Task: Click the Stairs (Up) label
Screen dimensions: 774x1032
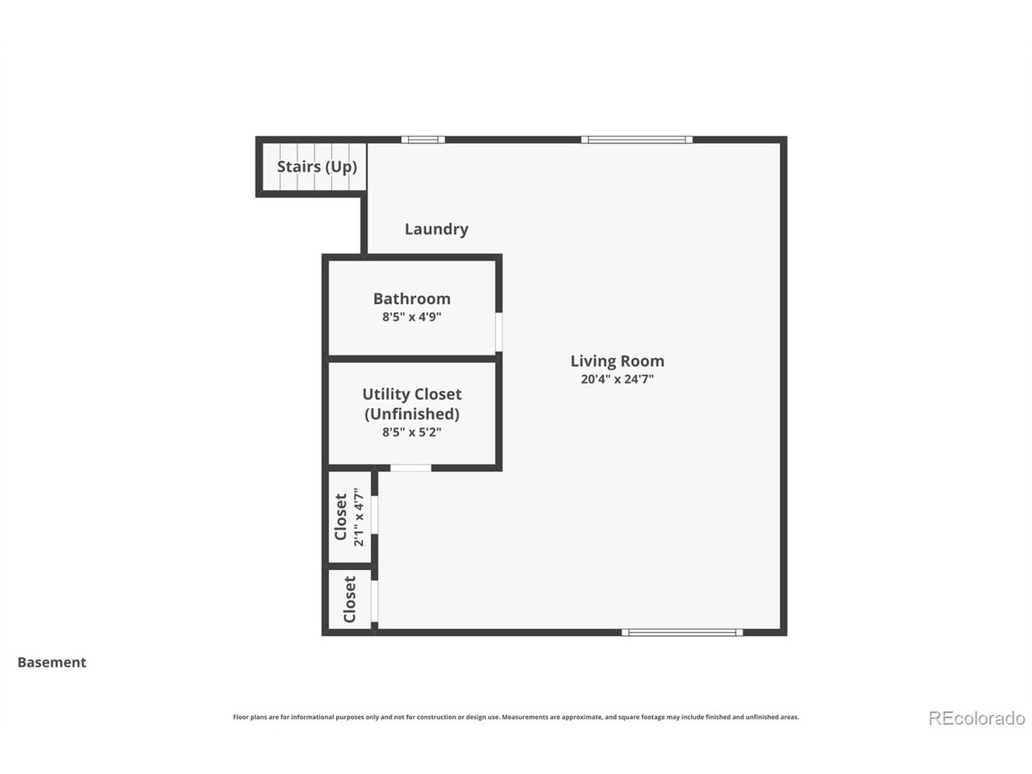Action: click(x=317, y=167)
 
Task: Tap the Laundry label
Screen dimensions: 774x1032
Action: click(x=436, y=229)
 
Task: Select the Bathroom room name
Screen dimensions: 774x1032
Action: click(x=411, y=298)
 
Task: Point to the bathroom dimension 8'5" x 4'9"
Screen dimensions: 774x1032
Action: click(x=411, y=317)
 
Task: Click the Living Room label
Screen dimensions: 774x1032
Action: click(x=617, y=361)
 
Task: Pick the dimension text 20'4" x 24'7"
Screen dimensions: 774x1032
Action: click(x=617, y=379)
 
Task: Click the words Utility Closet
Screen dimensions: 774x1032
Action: click(x=411, y=394)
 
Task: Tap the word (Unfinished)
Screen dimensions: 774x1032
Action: click(x=411, y=414)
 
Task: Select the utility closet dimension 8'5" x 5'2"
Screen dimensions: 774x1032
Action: click(x=411, y=432)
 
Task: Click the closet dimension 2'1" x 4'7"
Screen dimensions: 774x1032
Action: click(x=359, y=517)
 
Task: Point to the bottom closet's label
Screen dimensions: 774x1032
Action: click(x=349, y=599)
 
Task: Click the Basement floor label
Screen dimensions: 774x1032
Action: click(x=52, y=662)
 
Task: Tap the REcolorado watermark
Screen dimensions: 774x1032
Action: click(x=976, y=718)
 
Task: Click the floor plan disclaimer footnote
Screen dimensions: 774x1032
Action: click(x=516, y=717)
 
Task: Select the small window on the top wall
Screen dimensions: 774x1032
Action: click(x=422, y=139)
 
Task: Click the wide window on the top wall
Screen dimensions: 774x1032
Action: click(x=637, y=139)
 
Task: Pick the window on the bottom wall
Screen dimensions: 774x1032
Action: click(x=682, y=632)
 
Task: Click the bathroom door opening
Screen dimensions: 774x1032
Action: click(x=498, y=331)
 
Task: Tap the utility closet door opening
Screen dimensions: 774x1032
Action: click(x=410, y=468)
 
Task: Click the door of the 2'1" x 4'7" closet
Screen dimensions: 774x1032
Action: click(x=375, y=514)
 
